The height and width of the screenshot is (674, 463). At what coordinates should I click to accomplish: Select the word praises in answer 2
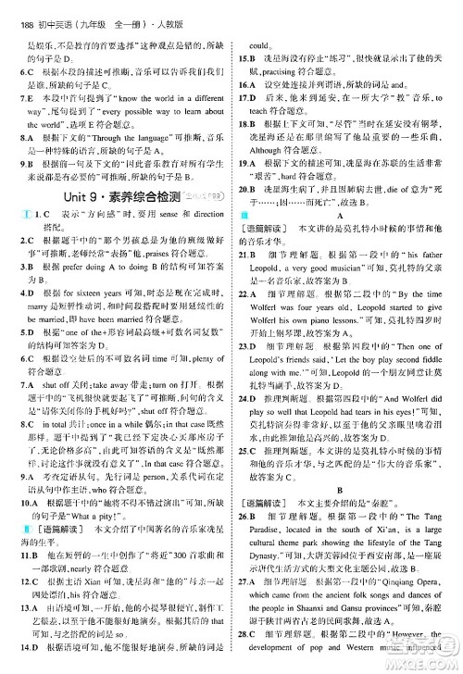[141, 252]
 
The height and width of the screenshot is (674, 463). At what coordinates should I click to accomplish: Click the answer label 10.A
[29, 501]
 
